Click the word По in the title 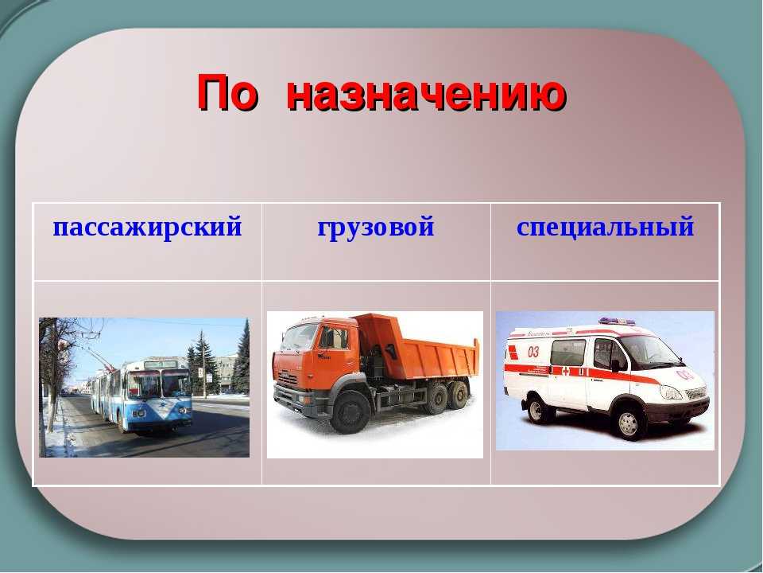(227, 92)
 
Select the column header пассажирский (148, 228)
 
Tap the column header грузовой (376, 228)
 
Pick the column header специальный (606, 228)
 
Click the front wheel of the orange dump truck (349, 412)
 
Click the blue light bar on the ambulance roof (617, 321)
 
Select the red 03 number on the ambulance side (533, 351)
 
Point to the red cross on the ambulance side (566, 372)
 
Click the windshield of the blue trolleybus (159, 384)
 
